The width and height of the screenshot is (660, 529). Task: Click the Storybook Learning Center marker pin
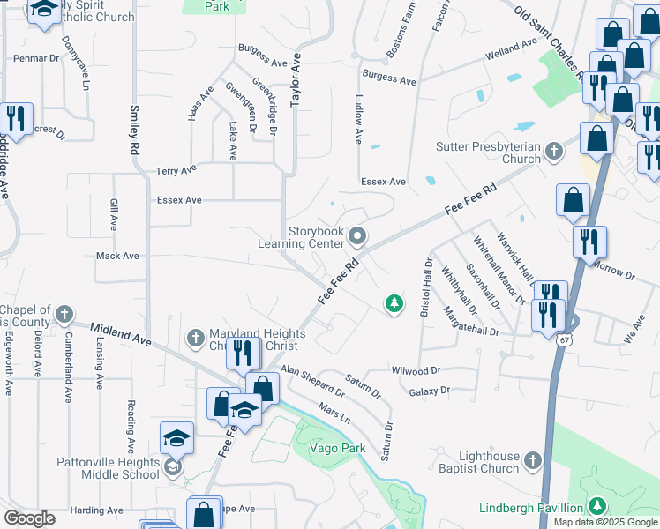[357, 235]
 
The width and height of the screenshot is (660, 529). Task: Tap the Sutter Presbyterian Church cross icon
[553, 151]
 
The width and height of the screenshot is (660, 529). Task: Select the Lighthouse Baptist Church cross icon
[532, 460]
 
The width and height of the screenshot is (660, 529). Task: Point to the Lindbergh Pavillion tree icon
[597, 506]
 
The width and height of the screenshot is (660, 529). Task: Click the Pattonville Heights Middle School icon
[172, 466]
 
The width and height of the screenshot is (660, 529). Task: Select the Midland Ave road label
[118, 333]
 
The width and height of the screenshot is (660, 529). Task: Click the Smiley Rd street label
[135, 130]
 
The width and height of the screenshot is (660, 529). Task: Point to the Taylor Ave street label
[296, 79]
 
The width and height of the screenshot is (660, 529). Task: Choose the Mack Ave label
[117, 257]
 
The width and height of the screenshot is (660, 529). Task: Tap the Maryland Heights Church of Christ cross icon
[196, 338]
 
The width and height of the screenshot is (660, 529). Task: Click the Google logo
[30, 518]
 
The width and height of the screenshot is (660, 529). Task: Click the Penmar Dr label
[35, 58]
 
